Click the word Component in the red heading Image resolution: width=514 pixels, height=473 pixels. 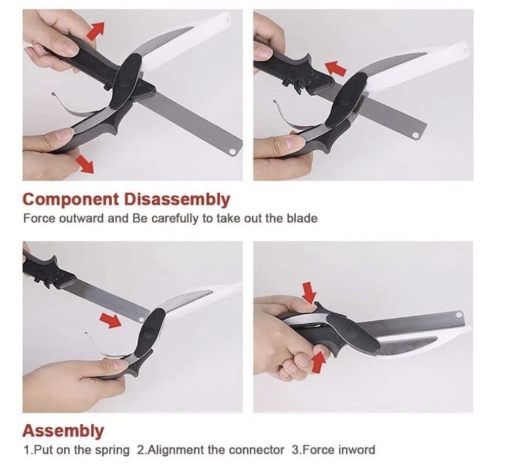71,199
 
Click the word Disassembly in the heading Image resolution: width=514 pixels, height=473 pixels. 177,199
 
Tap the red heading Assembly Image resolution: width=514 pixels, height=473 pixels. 63,431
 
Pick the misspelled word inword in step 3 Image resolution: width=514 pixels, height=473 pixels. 356,450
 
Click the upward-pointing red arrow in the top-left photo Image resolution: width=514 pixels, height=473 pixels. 96,30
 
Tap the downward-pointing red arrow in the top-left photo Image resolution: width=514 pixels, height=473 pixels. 84,164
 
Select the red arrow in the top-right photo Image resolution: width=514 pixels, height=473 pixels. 336,68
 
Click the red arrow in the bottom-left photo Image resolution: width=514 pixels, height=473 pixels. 110,320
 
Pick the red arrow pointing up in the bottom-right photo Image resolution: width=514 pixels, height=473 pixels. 319,362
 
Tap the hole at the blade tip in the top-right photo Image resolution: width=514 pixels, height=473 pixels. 415,135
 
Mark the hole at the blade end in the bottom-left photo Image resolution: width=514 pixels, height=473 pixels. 141,319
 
